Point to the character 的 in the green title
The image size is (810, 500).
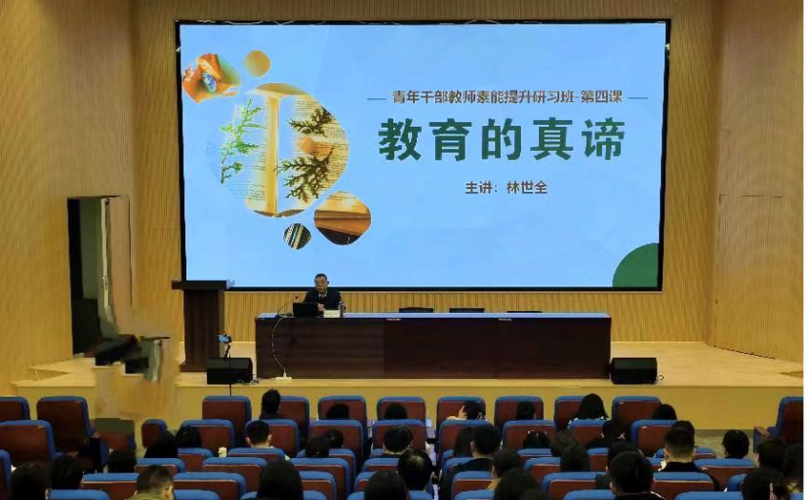pyautogui.click(x=501, y=140)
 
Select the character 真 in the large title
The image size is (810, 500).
pyautogui.click(x=551, y=140)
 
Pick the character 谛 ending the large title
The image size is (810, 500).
pyautogui.click(x=602, y=139)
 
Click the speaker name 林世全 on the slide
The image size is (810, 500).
pyautogui.click(x=526, y=188)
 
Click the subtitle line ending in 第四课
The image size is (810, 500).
pyautogui.click(x=506, y=97)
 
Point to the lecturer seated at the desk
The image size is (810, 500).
pyautogui.click(x=323, y=293)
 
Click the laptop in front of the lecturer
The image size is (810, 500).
pyautogui.click(x=304, y=310)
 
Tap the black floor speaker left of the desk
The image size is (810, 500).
pyautogui.click(x=229, y=370)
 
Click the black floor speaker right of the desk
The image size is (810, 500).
pyautogui.click(x=633, y=370)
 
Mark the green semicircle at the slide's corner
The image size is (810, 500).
pyautogui.click(x=636, y=265)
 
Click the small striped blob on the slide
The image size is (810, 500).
pyautogui.click(x=297, y=236)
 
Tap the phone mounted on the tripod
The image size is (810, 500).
pyautogui.click(x=224, y=339)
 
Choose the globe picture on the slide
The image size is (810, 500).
pyautogui.click(x=210, y=78)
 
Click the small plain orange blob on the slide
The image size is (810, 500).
pyautogui.click(x=257, y=63)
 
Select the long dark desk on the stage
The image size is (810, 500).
pyautogui.click(x=433, y=345)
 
